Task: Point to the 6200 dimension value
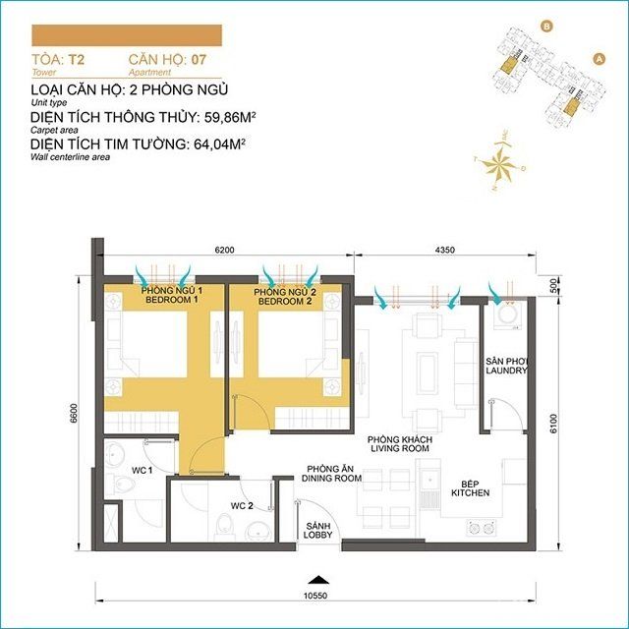[x=224, y=251]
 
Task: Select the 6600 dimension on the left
[x=73, y=417]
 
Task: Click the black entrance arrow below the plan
[x=315, y=578]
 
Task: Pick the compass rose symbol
[x=502, y=161]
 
